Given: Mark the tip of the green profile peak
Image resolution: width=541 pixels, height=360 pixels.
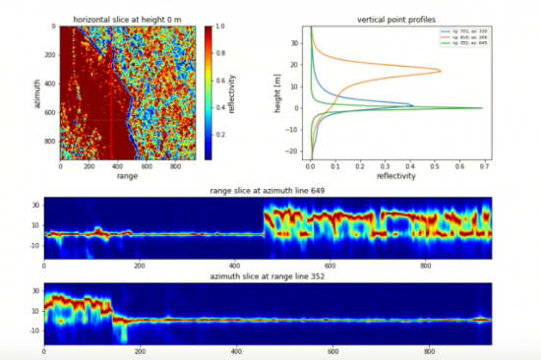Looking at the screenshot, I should coord(483,108).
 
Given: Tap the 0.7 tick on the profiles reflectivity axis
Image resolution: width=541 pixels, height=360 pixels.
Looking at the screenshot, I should coord(483,166).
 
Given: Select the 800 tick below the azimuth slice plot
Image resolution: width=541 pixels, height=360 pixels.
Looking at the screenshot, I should coord(426,352).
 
